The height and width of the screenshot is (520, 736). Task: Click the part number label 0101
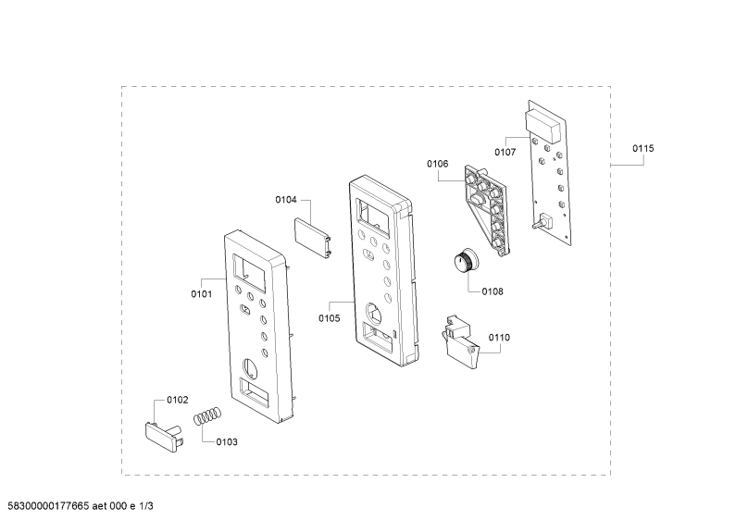(202, 294)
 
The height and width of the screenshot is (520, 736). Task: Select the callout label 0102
(178, 400)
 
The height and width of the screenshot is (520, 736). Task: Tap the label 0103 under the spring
(227, 442)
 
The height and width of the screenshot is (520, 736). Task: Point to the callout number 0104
(286, 200)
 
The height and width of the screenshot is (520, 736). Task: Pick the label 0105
(329, 318)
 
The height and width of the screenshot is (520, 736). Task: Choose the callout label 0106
(438, 164)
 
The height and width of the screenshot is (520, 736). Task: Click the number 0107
(505, 152)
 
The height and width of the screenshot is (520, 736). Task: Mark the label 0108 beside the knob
(493, 291)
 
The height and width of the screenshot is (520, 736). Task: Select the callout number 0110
(499, 338)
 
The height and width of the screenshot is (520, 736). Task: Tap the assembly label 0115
(643, 149)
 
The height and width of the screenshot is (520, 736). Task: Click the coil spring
(207, 415)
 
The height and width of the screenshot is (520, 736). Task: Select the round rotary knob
(465, 260)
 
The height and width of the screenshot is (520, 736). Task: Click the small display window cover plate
(313, 237)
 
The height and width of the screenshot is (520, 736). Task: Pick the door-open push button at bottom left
(164, 437)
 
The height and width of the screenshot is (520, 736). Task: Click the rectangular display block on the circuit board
(543, 125)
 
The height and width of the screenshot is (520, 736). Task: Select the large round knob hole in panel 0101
(250, 367)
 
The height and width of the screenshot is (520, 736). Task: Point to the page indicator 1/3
(146, 506)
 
